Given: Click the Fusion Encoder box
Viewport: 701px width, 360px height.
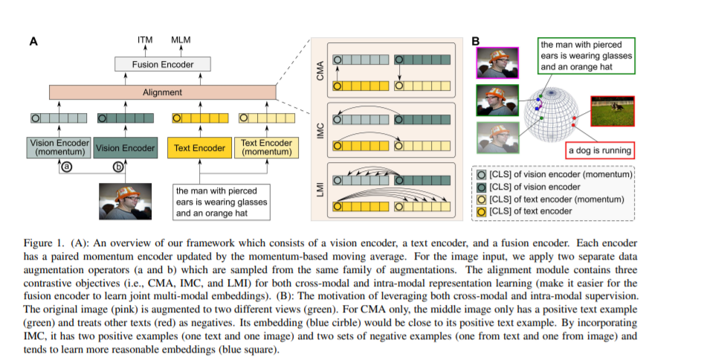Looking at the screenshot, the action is [x=163, y=64].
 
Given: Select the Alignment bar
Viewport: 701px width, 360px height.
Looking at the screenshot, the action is [x=163, y=92].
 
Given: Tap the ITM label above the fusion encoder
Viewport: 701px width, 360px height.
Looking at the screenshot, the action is [x=145, y=40].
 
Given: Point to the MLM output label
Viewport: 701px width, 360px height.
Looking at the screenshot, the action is [x=181, y=40].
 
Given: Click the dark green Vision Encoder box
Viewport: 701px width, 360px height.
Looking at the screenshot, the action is [x=125, y=147].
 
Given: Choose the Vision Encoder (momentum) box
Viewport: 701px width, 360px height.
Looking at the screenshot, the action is [x=59, y=147].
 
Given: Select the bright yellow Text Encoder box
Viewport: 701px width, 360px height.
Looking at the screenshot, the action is [x=199, y=147].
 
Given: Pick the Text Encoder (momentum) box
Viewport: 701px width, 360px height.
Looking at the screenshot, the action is [x=266, y=147].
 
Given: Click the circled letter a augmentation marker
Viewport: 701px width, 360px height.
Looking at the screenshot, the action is [x=67, y=167].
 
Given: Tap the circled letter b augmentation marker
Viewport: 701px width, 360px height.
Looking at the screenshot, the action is [x=118, y=167].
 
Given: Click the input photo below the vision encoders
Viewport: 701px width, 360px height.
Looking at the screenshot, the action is [x=125, y=202].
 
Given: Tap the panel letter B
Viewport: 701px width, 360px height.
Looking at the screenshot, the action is [x=475, y=41].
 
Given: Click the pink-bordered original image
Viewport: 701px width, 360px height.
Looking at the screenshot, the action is [x=497, y=62].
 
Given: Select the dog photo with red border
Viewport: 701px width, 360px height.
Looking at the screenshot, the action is [x=613, y=111].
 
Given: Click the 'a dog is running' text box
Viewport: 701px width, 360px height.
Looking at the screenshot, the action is [x=599, y=150].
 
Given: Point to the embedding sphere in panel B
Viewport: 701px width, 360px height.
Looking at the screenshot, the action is [x=552, y=113].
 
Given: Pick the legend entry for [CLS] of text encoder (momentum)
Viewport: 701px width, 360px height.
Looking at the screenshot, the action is [x=551, y=199].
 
